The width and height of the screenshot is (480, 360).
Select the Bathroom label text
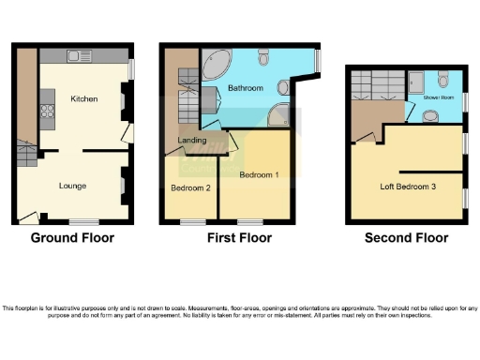tap(246, 88)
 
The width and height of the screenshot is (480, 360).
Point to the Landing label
tap(192, 141)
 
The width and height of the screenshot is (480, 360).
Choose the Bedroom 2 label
tap(190, 187)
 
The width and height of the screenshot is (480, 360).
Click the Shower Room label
tap(438, 97)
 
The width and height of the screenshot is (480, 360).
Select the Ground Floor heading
tap(72, 237)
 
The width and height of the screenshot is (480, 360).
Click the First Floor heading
tap(239, 237)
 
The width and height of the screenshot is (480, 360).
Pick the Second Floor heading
tap(406, 237)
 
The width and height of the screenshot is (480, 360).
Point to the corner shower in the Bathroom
tap(278, 115)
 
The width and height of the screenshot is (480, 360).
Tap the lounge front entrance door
tap(29, 217)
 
